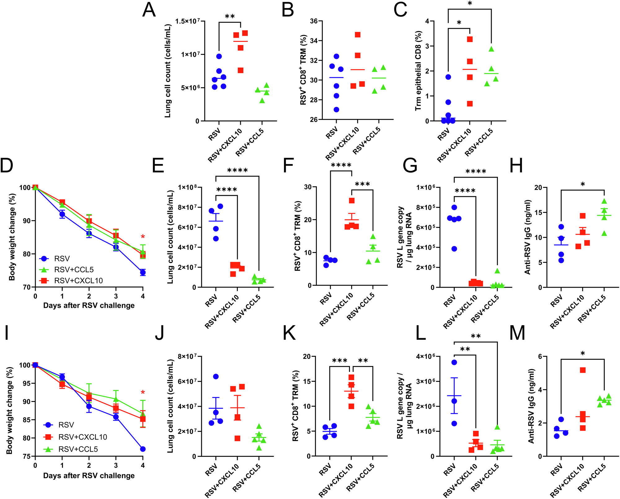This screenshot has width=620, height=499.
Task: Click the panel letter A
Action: pos(148,10)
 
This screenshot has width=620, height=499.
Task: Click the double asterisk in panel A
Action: pos(230,16)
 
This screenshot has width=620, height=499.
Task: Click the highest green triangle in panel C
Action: pos(491,49)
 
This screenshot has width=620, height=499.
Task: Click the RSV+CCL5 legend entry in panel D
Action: pos(73,270)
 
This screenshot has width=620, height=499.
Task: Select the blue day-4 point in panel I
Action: pos(143,449)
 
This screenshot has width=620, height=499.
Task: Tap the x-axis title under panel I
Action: pos(89,475)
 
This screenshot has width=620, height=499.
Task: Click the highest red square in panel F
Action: pos(352,201)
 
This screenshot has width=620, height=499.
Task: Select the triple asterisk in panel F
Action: pos(362,184)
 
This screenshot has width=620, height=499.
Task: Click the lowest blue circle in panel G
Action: pos(454,249)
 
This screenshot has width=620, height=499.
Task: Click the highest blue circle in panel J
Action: pos(216,377)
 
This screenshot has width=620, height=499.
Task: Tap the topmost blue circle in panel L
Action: pos(454,362)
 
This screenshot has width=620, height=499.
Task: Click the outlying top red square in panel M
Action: pos(582,370)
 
